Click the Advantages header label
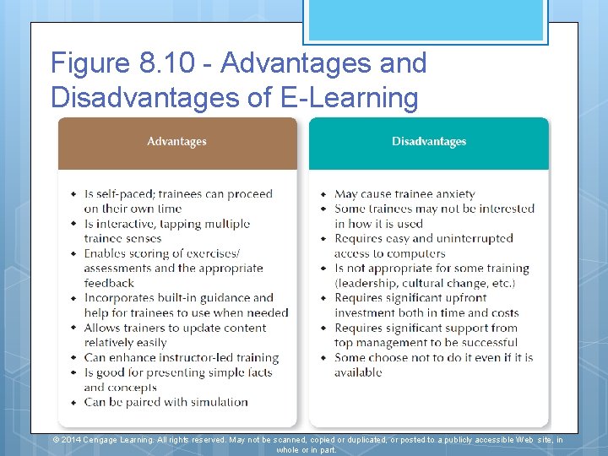click(x=176, y=142)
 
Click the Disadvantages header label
click(x=429, y=142)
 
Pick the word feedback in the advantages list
click(x=109, y=283)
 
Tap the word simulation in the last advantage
click(x=213, y=402)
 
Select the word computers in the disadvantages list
click(x=413, y=253)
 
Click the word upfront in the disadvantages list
click(x=460, y=298)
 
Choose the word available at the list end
click(x=358, y=372)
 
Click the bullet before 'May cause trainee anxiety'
click(x=323, y=194)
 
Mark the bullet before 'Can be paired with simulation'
click(x=73, y=402)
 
